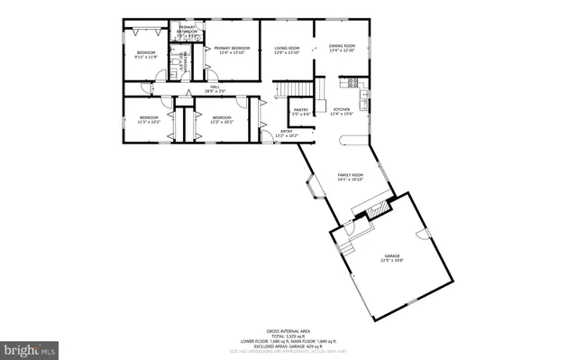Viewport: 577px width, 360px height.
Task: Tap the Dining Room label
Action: click(342, 47)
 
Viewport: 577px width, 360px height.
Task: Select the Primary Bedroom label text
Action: click(232, 50)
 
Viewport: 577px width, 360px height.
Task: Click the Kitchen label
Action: click(342, 111)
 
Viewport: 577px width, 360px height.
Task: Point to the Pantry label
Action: click(301, 111)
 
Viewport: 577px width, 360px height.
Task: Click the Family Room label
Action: click(350, 176)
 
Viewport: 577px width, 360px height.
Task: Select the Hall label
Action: click(215, 88)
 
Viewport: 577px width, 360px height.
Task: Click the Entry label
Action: click(286, 134)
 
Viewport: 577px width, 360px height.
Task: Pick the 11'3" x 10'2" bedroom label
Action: click(149, 119)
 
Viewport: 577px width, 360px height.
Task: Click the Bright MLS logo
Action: click(30, 348)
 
